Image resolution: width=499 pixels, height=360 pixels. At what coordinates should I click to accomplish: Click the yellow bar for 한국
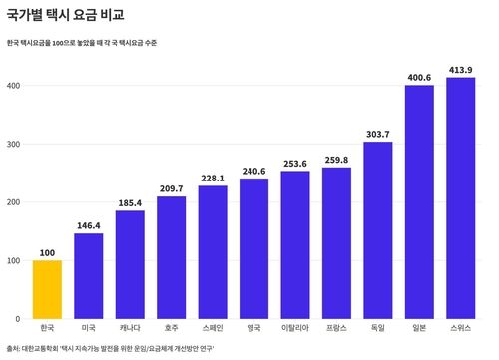pyautogui.click(x=47, y=289)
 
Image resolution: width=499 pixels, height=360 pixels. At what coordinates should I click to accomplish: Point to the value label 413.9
pyautogui.click(x=460, y=70)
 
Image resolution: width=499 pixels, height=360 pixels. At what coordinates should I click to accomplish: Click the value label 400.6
pyautogui.click(x=419, y=78)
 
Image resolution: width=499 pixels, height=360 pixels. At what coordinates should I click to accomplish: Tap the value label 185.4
pyautogui.click(x=130, y=202)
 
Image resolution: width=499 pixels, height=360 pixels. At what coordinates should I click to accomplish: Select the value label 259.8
pyautogui.click(x=336, y=160)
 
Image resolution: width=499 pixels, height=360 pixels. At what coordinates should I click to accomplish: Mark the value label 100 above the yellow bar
pyautogui.click(x=47, y=252)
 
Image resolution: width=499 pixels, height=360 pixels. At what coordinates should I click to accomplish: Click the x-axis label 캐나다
pyautogui.click(x=130, y=327)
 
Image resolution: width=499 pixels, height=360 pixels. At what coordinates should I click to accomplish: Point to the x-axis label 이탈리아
pyautogui.click(x=295, y=327)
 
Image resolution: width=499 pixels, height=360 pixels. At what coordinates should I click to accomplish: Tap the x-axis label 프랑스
pyautogui.click(x=336, y=327)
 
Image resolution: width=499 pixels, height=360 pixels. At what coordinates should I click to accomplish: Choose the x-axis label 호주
pyautogui.click(x=171, y=327)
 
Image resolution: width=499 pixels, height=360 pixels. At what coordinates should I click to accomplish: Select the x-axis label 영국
pyautogui.click(x=253, y=327)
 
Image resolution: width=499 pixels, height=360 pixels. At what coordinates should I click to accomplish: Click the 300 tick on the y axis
pyautogui.click(x=14, y=144)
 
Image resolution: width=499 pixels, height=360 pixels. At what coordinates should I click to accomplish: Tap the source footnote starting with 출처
pyautogui.click(x=110, y=349)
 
